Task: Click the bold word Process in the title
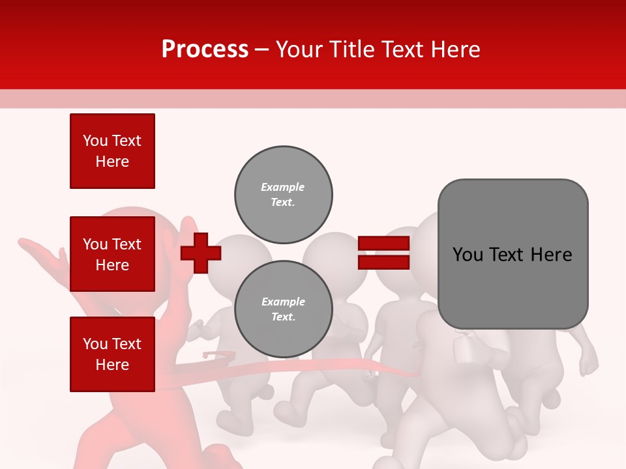click(205, 50)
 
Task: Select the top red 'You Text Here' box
click(112, 151)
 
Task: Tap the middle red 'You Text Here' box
click(112, 254)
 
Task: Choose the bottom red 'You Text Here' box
click(112, 354)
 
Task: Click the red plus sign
click(200, 253)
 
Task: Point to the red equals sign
click(384, 253)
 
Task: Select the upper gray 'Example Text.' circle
click(284, 195)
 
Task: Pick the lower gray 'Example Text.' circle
click(284, 309)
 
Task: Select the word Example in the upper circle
click(282, 187)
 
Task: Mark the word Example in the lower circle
click(283, 302)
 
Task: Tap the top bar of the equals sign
click(384, 244)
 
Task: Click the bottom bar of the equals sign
click(384, 262)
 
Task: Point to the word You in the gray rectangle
click(467, 255)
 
